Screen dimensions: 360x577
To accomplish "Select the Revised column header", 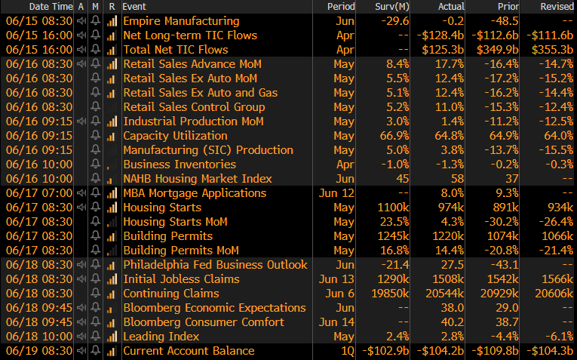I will [x=557, y=7].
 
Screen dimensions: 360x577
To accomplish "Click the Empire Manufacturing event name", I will [x=181, y=21].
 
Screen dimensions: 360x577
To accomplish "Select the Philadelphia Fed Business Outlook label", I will [x=215, y=265].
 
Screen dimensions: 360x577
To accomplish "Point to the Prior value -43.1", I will [x=504, y=265].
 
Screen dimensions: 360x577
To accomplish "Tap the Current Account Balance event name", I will [x=189, y=351].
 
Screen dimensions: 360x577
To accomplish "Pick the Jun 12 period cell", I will [x=339, y=193].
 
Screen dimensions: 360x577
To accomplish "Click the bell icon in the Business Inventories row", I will [x=95, y=165].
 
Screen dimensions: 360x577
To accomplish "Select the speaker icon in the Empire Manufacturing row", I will [x=81, y=21].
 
